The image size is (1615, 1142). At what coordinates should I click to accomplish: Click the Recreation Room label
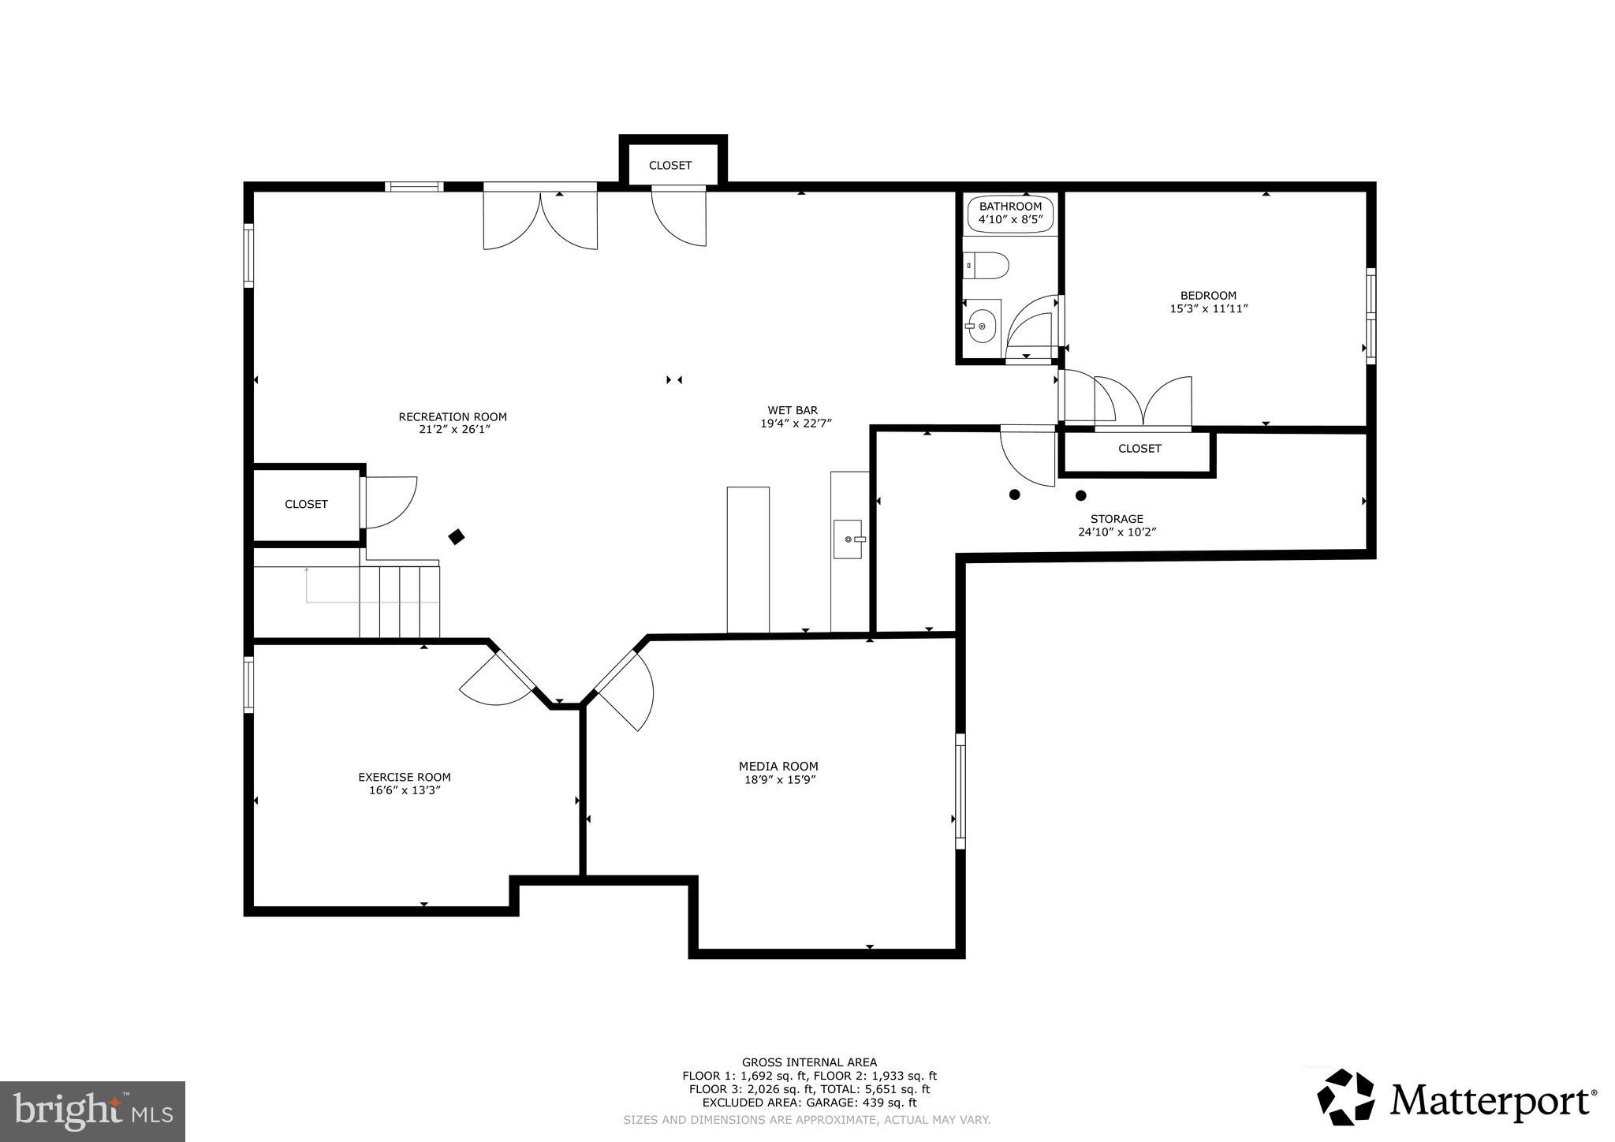coord(452,417)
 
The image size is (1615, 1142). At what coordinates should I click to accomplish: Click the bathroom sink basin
coord(981,325)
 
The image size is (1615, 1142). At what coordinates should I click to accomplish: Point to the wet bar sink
coord(849,539)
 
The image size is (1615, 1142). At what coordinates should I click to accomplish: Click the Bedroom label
coord(1208,296)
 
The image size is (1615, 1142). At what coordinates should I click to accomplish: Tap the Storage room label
coord(1116,519)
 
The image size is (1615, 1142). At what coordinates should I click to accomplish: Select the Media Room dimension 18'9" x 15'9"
coord(778,780)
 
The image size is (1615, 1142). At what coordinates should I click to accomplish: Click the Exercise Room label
coord(404,777)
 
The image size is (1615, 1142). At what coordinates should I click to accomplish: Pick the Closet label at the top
coord(670,166)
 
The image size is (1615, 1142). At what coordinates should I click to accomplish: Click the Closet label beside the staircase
coord(306,505)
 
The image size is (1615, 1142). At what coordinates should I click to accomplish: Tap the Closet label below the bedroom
coord(1139,449)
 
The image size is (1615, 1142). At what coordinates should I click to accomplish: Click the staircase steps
coord(399,601)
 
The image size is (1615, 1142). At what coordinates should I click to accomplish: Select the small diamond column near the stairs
coord(456,537)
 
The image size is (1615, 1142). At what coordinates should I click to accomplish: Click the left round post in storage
coord(1015,494)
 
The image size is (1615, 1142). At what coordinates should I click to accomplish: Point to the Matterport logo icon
coord(1345,1097)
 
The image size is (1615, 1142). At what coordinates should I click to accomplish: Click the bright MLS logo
coord(92,1111)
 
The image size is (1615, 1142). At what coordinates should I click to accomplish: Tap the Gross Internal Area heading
coord(808,1062)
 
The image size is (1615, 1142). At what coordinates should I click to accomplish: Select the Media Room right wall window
coord(960,791)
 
